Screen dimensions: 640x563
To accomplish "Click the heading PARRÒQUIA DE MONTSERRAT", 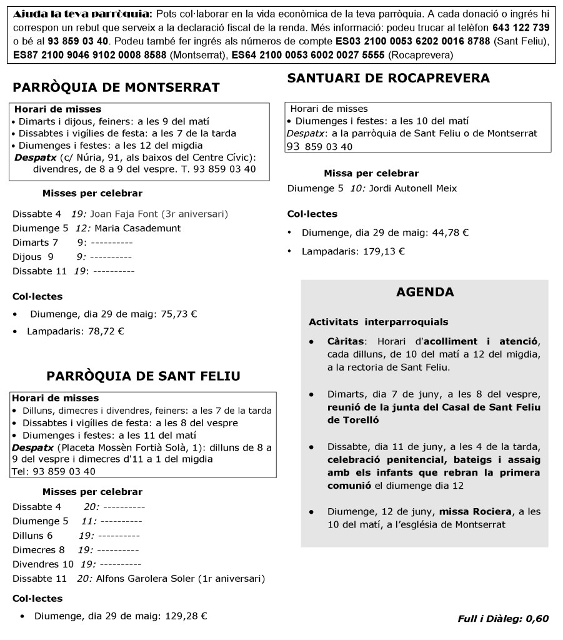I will pos(116,87).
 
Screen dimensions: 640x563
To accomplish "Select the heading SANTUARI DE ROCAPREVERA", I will pos(388,78).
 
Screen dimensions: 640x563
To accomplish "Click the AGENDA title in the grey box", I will pos(425,292).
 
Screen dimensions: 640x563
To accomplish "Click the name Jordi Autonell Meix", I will pos(413,188).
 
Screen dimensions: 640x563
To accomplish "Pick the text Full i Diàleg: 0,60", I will pos(503,619).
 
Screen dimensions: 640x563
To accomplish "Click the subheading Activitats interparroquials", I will pos(378,322).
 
